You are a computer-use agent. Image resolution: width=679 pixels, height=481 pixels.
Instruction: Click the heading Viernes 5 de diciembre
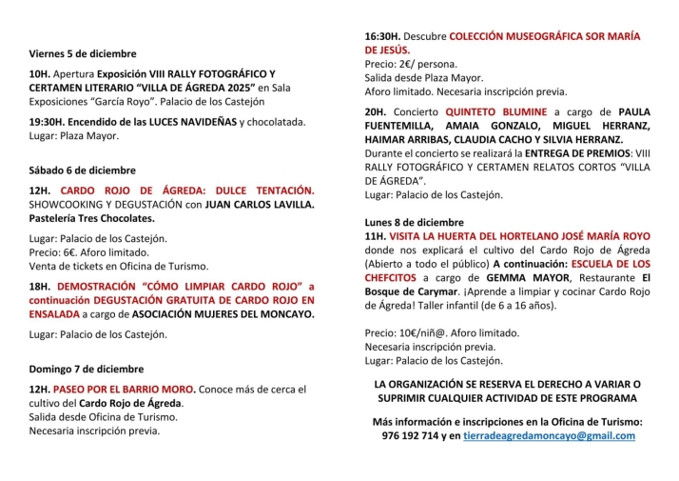[83, 53]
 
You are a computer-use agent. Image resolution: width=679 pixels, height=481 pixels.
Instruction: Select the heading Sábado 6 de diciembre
[83, 170]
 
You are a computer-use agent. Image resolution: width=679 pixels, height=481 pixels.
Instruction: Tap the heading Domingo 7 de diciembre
[87, 369]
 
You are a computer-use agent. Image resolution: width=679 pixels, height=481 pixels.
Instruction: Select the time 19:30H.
[48, 122]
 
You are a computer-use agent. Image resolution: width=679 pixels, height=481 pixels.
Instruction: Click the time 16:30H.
[382, 36]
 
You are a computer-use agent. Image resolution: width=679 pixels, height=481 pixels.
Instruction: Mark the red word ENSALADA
[54, 313]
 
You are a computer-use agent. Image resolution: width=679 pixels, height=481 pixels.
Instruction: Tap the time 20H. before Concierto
[375, 111]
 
